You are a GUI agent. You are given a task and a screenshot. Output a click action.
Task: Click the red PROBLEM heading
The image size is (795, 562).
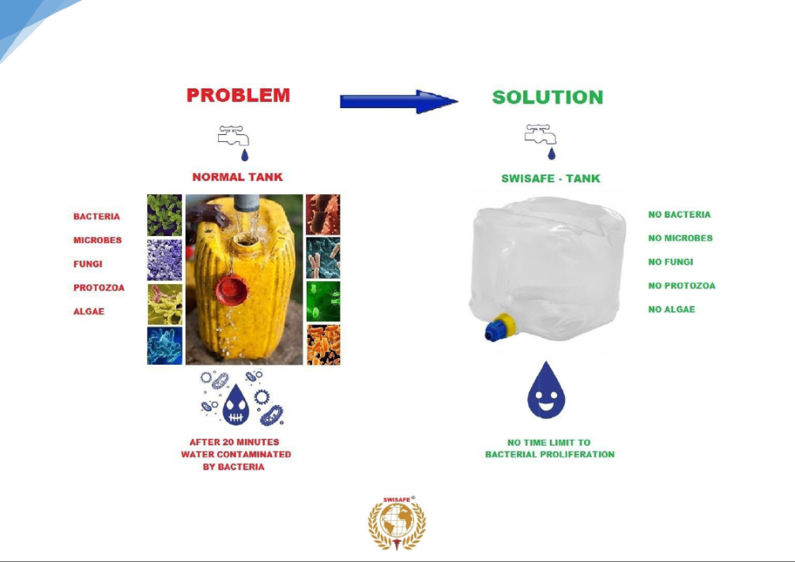coord(238,96)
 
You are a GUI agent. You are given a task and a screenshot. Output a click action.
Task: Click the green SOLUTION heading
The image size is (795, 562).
coord(547,97)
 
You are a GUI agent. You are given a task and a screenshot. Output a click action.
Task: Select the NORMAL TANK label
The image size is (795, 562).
coord(237,177)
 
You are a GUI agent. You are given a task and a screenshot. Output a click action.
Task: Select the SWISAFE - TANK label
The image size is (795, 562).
coord(551,178)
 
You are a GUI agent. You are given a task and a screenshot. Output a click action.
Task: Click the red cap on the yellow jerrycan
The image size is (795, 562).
coord(232,290)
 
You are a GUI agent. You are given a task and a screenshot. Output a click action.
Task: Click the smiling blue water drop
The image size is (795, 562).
coord(546,391)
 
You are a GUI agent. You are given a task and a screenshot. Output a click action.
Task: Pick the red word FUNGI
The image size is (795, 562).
coord(88,264)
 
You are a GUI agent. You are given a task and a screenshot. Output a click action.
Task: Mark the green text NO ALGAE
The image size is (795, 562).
coord(672,309)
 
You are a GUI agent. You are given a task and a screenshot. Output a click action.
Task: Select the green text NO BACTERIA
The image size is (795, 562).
coord(680,215)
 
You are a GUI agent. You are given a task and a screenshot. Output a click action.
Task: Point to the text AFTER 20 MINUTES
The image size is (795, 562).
coord(234,442)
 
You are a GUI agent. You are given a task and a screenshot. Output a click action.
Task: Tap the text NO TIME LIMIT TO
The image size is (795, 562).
coord(548,443)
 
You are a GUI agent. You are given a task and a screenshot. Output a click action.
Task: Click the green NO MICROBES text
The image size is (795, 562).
coord(680,238)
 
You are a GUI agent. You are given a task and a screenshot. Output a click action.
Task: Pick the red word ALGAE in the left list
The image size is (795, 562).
coord(89,311)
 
